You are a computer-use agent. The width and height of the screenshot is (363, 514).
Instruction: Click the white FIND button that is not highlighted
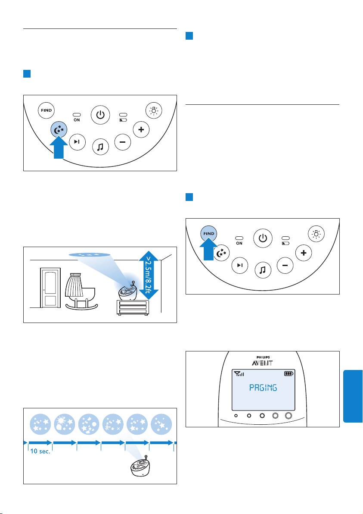[x=46, y=110]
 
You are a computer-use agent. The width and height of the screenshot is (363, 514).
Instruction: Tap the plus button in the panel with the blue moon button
[x=140, y=129]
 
